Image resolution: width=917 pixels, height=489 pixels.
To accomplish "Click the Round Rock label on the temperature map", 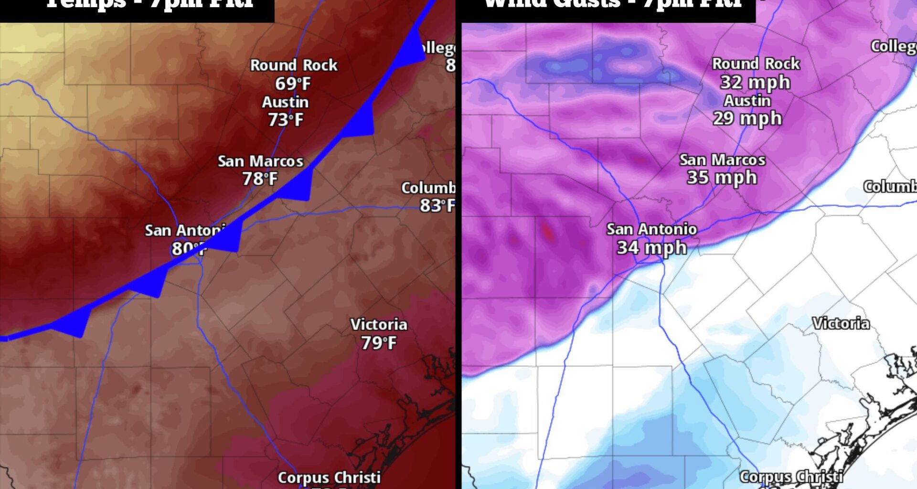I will click(294, 65).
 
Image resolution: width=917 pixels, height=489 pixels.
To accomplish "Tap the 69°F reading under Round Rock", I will click(292, 84).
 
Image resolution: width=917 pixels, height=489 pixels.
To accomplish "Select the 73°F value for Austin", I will click(285, 119).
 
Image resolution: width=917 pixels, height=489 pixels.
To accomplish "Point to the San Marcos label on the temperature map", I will click(260, 161).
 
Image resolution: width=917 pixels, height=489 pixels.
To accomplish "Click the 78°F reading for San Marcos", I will click(259, 179).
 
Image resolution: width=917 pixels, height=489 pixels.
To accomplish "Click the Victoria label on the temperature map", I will click(379, 325).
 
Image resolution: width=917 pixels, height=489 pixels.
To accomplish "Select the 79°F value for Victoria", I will click(378, 343).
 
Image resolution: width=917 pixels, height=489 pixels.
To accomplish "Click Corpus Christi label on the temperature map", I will click(329, 478).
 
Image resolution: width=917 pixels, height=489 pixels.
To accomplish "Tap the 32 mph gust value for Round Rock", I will click(755, 82).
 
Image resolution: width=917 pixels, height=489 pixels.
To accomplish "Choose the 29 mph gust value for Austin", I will click(747, 118).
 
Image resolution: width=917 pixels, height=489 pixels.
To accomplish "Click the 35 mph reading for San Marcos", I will click(722, 177).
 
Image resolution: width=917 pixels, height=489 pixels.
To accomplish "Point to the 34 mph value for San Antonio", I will click(651, 247).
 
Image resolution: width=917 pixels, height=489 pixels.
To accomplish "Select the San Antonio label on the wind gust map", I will click(651, 229).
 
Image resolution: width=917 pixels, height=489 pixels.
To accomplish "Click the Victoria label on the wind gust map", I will click(841, 323).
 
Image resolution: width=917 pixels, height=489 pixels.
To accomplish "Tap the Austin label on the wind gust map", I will click(747, 101).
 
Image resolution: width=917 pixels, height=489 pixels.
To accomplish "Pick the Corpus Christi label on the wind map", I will click(791, 477).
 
